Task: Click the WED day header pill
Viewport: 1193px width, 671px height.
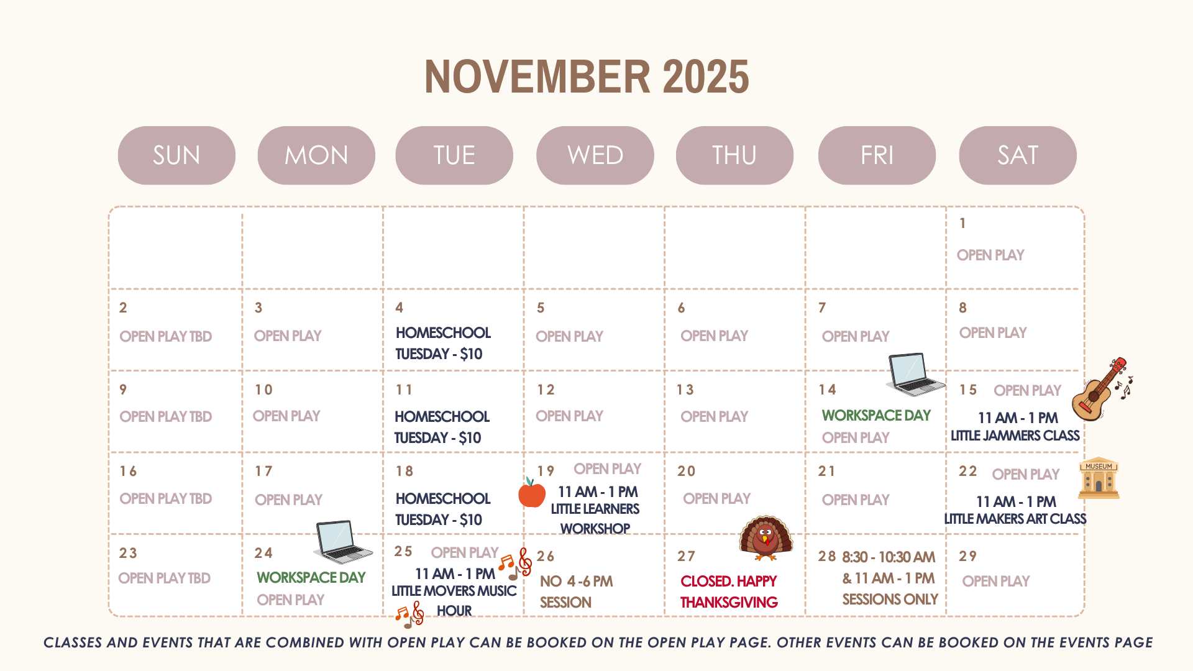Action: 595,155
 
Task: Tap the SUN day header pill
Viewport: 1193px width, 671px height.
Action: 176,155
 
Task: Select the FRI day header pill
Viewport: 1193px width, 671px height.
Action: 877,155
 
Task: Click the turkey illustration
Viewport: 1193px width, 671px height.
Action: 766,538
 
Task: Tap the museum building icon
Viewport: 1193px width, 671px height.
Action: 1099,478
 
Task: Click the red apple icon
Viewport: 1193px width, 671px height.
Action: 532,493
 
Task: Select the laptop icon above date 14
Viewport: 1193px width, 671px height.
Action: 915,374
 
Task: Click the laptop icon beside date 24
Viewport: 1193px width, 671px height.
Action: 343,542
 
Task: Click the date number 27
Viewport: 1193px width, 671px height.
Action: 686,556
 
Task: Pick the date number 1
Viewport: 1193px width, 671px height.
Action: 962,223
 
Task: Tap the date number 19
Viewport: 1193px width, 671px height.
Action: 546,472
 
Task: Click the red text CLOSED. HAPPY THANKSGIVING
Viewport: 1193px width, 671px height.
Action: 729,591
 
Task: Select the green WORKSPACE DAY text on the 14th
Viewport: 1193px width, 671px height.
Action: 876,415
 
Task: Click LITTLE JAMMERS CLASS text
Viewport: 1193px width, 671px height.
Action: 1015,436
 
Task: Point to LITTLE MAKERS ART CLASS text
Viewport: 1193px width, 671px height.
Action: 1015,519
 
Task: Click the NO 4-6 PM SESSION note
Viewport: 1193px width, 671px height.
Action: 576,591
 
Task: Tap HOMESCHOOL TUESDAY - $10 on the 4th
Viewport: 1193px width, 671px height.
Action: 443,343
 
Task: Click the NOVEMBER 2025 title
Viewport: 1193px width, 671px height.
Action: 587,77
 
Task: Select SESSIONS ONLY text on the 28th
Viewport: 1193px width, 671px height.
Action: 890,600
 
